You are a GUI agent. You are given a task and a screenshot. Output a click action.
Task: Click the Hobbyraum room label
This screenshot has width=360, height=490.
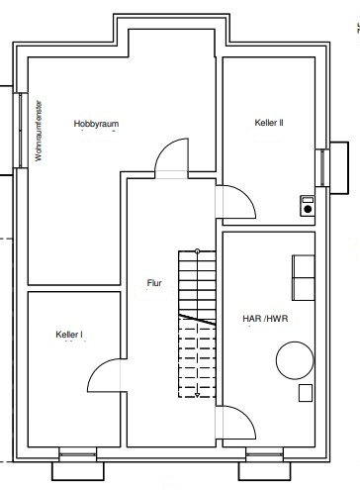96,124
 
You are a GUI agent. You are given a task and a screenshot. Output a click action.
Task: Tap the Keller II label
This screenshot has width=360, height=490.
269,123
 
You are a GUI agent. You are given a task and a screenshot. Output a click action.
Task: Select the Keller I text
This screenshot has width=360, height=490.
69,335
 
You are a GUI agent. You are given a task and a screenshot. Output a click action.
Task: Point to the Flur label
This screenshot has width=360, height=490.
154,283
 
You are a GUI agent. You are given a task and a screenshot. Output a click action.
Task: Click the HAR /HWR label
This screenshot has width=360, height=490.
265,319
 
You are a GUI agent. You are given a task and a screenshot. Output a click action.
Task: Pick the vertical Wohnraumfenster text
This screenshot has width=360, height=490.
39,131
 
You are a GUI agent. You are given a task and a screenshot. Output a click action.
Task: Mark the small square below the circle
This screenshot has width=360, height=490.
306,393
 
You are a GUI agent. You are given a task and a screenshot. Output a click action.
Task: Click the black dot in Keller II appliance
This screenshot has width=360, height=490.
308,209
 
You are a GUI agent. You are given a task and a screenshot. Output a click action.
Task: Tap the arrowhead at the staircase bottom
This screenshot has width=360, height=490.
197,395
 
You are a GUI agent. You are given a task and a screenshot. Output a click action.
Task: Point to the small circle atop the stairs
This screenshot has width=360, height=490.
197,251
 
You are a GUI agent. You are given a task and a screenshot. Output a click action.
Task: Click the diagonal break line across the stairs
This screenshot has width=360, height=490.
197,320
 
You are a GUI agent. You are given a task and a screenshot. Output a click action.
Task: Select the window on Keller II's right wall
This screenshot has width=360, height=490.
322,167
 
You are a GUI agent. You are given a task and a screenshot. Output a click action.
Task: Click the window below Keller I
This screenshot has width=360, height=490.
78,455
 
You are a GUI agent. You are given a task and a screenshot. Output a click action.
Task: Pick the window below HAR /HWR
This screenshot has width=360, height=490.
265,455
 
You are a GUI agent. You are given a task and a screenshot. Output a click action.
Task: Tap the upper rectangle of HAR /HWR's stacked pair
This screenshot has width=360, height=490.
304,266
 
